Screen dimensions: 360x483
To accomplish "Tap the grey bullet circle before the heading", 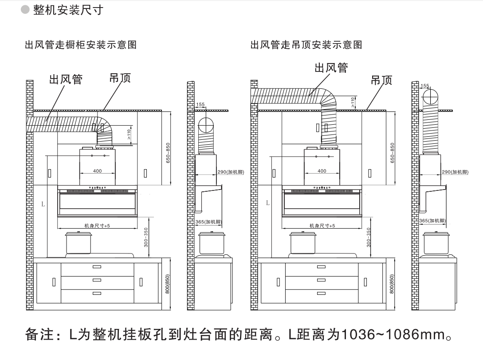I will coord(25,10).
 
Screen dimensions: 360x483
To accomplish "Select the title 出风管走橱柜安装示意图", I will coord(80,45).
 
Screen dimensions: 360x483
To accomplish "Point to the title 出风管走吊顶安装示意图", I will coord(306,45).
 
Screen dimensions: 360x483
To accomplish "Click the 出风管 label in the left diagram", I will coord(66,79).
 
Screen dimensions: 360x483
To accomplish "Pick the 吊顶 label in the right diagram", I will coord(381,79).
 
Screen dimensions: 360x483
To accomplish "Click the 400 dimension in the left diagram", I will coord(97,171).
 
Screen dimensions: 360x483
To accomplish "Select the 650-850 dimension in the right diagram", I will coord(392,153).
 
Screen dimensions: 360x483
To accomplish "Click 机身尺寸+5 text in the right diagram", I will coord(322,225).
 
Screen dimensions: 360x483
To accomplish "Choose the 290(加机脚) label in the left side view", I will coord(228,172).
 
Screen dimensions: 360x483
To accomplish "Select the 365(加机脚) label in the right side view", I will coord(433,221).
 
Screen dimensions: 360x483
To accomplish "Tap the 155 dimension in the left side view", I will coord(200,105).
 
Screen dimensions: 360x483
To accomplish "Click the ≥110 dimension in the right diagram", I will coord(353,103).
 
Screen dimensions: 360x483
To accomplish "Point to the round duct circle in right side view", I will coord(430,96).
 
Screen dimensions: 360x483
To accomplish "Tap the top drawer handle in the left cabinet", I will coord(97,267).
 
